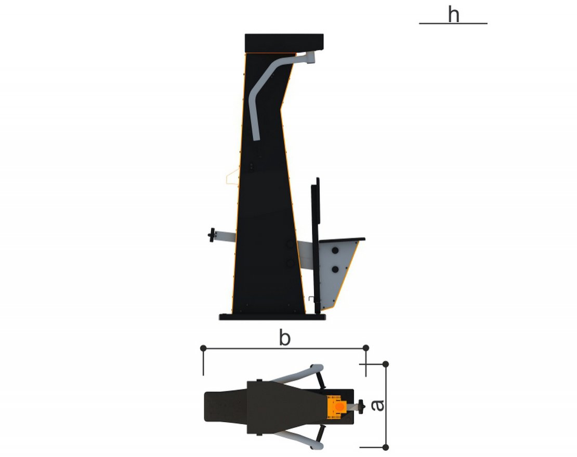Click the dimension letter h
click(x=454, y=15)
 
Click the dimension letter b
click(x=285, y=337)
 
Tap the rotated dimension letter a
click(x=377, y=405)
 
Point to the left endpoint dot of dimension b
click(x=203, y=348)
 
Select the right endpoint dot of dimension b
click(x=365, y=348)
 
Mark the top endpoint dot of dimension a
click(x=385, y=364)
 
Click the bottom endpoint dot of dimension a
click(x=385, y=448)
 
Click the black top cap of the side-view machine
click(x=284, y=43)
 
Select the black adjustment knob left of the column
click(x=211, y=235)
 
